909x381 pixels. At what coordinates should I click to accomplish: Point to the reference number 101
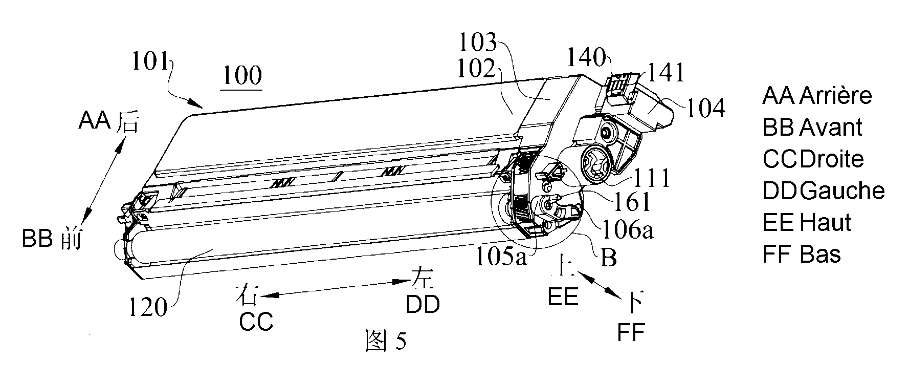(150, 62)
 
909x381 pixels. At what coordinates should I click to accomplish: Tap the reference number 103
(477, 43)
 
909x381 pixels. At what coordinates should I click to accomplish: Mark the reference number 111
(651, 179)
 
